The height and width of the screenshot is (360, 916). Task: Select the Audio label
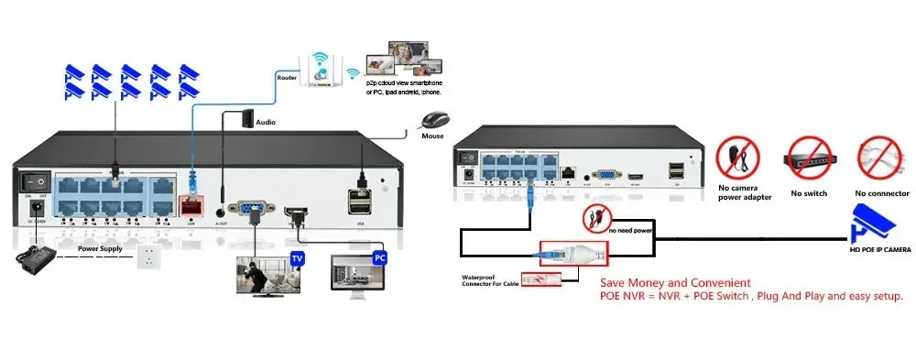pos(266,121)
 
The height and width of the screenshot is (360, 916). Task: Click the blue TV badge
pos(297,259)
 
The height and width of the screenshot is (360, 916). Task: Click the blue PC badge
pos(379,258)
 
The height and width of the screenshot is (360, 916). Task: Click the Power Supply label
pos(101,248)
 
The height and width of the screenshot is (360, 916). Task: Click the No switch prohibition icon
pos(808,161)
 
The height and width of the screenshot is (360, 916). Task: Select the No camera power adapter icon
pos(737,159)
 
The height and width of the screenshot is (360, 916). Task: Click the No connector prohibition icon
pos(880,159)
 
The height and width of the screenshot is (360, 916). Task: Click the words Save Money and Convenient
pos(676,283)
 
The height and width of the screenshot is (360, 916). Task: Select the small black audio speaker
pos(244,118)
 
